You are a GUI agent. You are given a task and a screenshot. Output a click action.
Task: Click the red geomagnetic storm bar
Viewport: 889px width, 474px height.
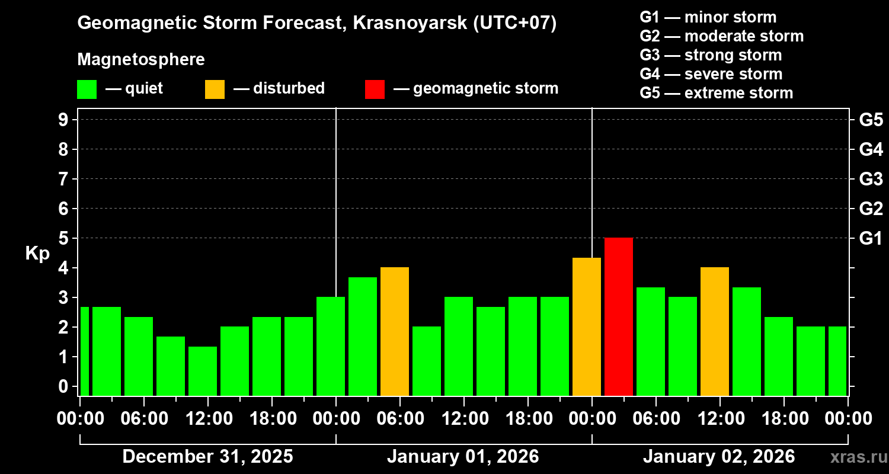click(619, 316)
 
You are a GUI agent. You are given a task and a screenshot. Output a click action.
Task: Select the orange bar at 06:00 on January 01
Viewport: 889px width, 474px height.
click(395, 331)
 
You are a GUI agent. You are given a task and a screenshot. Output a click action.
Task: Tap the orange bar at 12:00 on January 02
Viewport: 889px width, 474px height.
click(715, 331)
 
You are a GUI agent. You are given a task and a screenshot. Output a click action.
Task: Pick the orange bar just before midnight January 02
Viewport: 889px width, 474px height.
click(587, 326)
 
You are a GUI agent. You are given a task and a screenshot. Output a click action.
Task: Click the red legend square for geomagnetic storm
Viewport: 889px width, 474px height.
click(375, 89)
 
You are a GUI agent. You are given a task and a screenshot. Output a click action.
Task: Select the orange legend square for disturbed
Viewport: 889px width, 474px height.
click(215, 89)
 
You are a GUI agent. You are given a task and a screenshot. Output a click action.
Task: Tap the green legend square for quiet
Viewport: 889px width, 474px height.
click(87, 89)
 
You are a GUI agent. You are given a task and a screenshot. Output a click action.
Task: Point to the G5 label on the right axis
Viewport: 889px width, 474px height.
click(871, 120)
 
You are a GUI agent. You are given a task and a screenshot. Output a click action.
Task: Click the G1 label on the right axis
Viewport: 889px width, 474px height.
click(871, 238)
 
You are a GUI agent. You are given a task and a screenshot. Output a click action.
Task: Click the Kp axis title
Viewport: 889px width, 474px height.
click(37, 254)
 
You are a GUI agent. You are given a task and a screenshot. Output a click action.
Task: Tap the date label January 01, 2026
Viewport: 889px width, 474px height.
click(463, 456)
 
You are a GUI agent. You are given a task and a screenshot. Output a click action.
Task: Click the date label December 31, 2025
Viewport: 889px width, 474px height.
click(207, 456)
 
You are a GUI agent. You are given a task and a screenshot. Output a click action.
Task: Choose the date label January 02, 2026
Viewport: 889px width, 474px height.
click(719, 456)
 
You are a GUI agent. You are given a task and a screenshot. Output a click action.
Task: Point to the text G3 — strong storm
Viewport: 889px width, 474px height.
click(711, 55)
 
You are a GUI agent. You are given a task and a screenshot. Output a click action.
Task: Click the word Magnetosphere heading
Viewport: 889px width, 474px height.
click(141, 60)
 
